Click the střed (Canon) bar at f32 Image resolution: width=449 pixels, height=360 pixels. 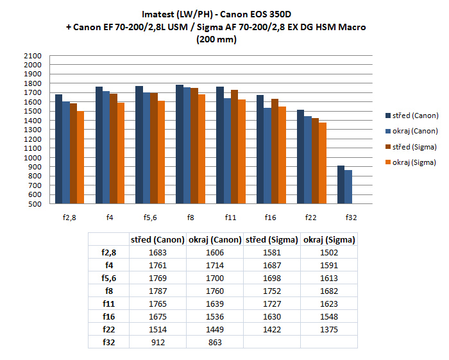[x=341, y=185]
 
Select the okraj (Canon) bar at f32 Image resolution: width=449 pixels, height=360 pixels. [x=348, y=187]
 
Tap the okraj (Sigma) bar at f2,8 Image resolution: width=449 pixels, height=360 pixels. [x=80, y=158]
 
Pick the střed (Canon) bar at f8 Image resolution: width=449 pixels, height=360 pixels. [x=180, y=144]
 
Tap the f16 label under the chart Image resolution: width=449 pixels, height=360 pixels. [x=271, y=217]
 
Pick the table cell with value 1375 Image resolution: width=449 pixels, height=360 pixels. [x=331, y=329]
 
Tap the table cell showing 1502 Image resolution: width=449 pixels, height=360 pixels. [x=331, y=252]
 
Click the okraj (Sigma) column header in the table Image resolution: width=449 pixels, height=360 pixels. [x=331, y=239]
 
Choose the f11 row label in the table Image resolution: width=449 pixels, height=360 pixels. [x=108, y=304]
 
